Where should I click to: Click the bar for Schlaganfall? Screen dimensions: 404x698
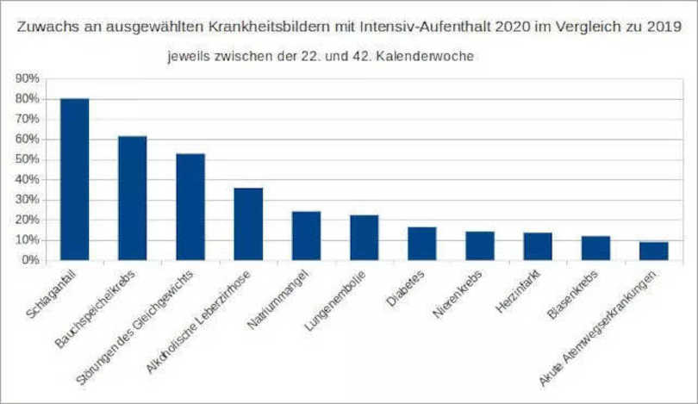[x=74, y=179]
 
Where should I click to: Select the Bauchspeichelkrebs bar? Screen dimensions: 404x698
[x=132, y=198]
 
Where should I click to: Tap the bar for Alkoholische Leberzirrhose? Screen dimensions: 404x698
[x=248, y=224]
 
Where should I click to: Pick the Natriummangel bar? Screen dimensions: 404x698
[x=306, y=235]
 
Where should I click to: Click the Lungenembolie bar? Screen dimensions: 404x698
[x=364, y=237]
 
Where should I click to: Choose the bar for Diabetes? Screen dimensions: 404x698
[x=421, y=243]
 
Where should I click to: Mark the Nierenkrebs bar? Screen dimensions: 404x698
[x=479, y=246]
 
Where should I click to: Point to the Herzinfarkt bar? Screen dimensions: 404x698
[x=538, y=246]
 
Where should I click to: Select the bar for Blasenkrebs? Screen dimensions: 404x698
[x=595, y=248]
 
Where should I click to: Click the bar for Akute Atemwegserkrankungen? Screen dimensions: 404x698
[x=653, y=251]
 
